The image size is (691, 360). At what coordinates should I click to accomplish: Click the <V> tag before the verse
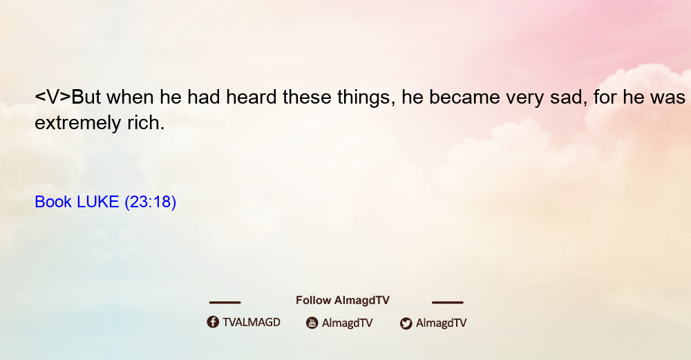(x=53, y=97)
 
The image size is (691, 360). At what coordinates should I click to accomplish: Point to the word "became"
(x=464, y=97)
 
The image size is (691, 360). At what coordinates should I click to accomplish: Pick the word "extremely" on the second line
(x=77, y=124)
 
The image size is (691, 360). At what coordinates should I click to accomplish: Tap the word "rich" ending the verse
(x=146, y=122)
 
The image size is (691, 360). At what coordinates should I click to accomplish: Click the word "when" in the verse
(x=130, y=97)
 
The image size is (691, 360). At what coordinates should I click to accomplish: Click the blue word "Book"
(x=53, y=202)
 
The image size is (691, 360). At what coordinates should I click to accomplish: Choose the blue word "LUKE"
(x=98, y=202)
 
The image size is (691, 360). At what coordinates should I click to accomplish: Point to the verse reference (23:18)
(x=150, y=202)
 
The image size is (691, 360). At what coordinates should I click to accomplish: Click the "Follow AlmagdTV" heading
(x=343, y=301)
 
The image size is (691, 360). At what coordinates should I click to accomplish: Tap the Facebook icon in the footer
(x=213, y=322)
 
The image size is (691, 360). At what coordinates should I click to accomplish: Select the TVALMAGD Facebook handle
(x=252, y=323)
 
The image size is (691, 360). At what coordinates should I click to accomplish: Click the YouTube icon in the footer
(x=312, y=323)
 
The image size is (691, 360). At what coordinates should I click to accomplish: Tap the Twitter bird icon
(x=406, y=323)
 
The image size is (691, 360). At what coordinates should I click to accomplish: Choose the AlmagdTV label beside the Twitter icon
(x=441, y=323)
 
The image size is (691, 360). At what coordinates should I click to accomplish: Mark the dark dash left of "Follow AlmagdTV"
(x=225, y=303)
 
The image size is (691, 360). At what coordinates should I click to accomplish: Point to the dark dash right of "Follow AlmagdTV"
(x=448, y=303)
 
